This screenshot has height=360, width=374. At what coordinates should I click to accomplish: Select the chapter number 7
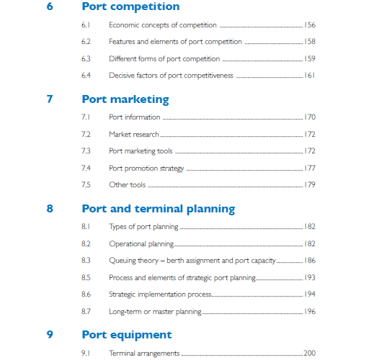point(50,99)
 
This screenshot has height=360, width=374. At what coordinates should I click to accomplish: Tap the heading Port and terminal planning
point(159,209)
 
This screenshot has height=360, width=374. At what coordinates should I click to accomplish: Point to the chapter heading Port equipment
point(127,335)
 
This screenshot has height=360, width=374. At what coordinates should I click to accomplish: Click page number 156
point(310,25)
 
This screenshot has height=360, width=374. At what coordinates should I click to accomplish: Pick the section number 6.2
point(86,42)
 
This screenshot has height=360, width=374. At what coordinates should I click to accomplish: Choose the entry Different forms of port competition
point(164,58)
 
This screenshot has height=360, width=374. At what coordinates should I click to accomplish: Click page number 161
point(310,75)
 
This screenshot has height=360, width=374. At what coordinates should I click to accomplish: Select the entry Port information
point(135,117)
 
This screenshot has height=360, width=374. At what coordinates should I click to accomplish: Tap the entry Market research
point(134,134)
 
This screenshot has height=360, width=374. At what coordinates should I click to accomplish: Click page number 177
point(310,168)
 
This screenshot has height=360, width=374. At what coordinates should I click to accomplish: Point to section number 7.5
point(86,185)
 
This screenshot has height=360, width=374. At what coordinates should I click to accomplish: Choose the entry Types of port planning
point(144,227)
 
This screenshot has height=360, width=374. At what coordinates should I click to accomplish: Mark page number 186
point(310,261)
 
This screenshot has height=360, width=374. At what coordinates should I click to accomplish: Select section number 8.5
point(86,277)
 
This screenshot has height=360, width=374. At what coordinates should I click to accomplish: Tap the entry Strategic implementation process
point(160,294)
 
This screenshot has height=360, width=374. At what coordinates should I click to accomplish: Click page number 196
point(310,311)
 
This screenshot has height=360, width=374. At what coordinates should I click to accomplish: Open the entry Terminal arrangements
point(144,354)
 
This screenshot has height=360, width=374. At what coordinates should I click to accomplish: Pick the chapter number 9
point(50,335)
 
